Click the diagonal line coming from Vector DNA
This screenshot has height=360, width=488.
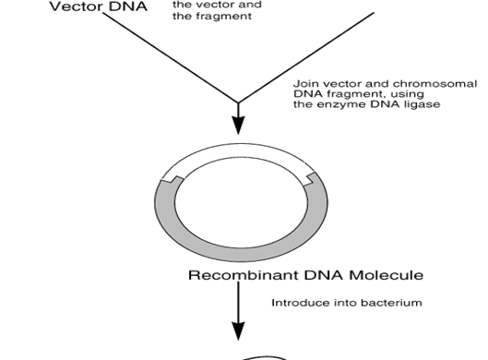pos(175,55)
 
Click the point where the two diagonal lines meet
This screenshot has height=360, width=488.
pos(239,102)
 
